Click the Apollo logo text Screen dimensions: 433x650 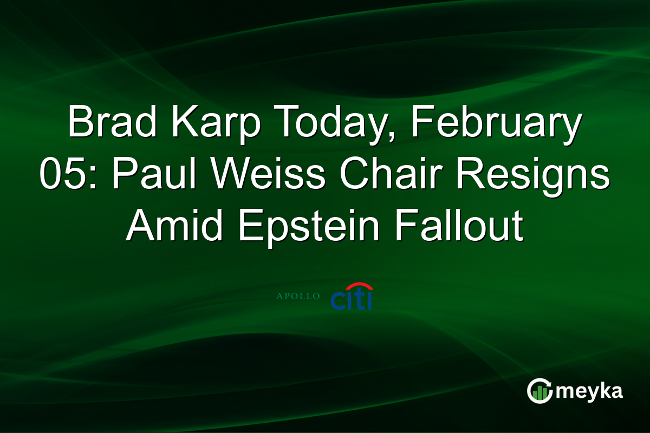pos(298,297)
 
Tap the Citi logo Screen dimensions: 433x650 pos(352,299)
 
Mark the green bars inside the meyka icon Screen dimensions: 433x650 pos(539,394)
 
